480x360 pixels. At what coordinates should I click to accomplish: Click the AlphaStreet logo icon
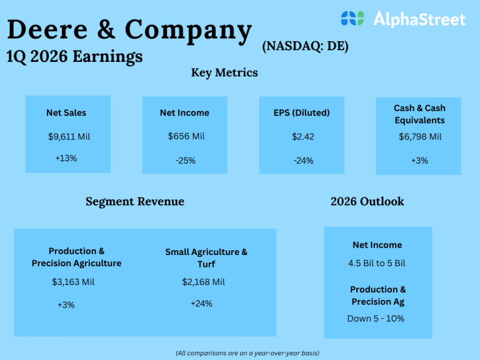pyautogui.click(x=352, y=19)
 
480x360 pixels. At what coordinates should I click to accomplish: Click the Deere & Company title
pyautogui.click(x=130, y=29)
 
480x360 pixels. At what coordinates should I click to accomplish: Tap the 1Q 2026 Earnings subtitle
pyautogui.click(x=74, y=56)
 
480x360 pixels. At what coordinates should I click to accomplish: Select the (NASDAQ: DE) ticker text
pyautogui.click(x=306, y=46)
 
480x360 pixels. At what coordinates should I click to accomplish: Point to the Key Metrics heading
pyautogui.click(x=224, y=72)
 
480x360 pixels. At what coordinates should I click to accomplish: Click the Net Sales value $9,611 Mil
pyautogui.click(x=69, y=136)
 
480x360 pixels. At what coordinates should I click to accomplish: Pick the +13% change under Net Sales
pyautogui.click(x=66, y=158)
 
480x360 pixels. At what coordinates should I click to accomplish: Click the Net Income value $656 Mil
pyautogui.click(x=186, y=136)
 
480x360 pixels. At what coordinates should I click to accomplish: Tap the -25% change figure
pyautogui.click(x=186, y=161)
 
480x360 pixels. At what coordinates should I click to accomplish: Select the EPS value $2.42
pyautogui.click(x=303, y=136)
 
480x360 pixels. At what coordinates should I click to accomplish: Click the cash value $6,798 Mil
pyautogui.click(x=420, y=136)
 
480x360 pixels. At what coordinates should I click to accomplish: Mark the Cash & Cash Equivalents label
pyautogui.click(x=419, y=114)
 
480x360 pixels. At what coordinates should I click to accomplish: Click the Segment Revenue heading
pyautogui.click(x=135, y=201)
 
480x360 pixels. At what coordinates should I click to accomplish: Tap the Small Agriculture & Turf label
pyautogui.click(x=206, y=257)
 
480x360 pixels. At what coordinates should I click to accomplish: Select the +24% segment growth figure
pyautogui.click(x=201, y=304)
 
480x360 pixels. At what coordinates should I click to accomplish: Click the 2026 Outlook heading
pyautogui.click(x=367, y=201)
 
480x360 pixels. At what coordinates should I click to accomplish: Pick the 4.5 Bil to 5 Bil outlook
pyautogui.click(x=377, y=263)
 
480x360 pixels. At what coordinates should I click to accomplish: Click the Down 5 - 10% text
pyautogui.click(x=376, y=318)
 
